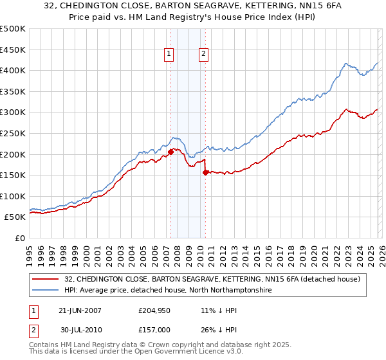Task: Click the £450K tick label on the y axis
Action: click(x=13, y=50)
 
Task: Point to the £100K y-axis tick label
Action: click(x=13, y=196)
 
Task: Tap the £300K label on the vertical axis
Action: click(x=13, y=113)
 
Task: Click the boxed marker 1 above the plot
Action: click(x=169, y=55)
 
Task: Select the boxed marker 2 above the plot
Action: click(x=204, y=55)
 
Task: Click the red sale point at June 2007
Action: click(x=170, y=152)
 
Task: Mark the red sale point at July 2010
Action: click(x=205, y=172)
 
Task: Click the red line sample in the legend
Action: click(x=46, y=279)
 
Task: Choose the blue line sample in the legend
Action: click(x=46, y=291)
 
